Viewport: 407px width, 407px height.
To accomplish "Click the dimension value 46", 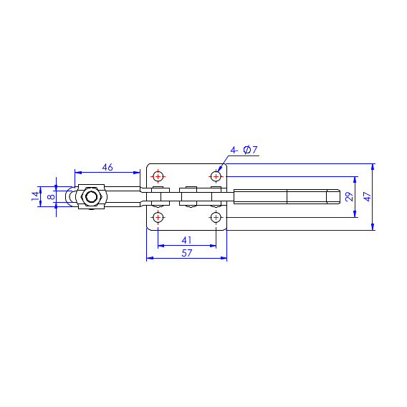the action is point(107,167).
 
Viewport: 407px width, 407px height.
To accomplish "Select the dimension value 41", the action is point(186,240).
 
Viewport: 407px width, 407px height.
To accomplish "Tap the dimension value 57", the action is point(186,253).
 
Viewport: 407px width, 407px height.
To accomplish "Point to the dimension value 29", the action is point(350,197).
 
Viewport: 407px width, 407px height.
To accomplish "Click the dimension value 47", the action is point(368,197).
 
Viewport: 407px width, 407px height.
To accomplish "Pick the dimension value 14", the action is point(35,196).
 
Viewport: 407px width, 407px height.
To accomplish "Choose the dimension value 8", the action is point(51,197).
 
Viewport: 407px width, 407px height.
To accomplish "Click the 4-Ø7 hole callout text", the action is point(244,150).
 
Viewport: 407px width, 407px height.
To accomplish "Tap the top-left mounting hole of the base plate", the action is point(158,176).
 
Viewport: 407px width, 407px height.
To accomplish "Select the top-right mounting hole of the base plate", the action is point(216,176).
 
